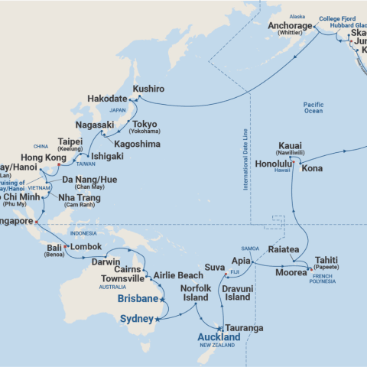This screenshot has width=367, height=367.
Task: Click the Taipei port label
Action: (x=75, y=142)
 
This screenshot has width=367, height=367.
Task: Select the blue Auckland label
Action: (x=218, y=336)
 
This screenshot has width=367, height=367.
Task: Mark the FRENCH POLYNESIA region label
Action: (x=326, y=284)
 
